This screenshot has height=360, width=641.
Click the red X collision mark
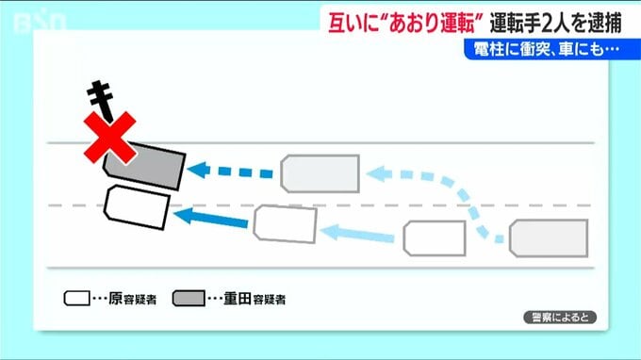tap(109, 138)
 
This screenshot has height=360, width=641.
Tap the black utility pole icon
tap(101, 101)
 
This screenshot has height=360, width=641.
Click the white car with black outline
tap(137, 207)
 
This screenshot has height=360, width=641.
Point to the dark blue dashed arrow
tap(230, 171)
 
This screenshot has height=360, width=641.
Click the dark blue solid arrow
tap(211, 217)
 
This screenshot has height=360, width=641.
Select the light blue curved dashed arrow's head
tap(379, 173)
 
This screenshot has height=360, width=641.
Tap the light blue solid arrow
tap(357, 234)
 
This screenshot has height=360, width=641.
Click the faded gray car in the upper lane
tap(320, 173)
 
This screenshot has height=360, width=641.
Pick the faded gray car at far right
tap(549, 238)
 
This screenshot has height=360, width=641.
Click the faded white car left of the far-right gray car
tap(435, 238)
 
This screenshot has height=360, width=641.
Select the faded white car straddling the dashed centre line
tap(285, 224)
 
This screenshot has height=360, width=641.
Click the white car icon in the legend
tap(77, 299)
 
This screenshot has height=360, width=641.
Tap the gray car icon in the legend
tap(189, 299)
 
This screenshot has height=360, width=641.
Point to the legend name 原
tap(115, 299)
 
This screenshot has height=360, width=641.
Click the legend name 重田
tap(238, 299)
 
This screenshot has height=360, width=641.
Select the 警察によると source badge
tap(560, 318)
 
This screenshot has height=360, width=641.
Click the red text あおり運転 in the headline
tap(433, 24)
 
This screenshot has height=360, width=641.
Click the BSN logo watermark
tap(40, 23)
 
